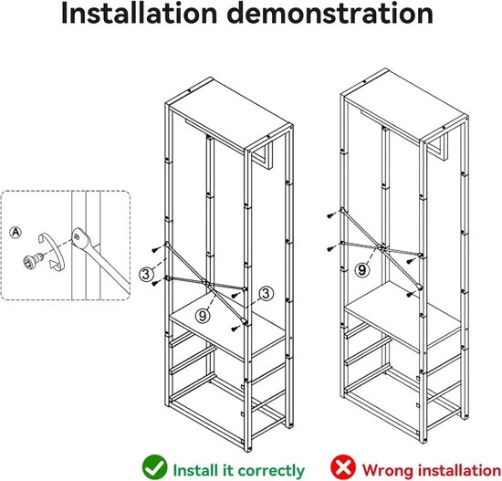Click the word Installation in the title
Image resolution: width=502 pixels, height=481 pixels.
pyautogui.click(x=139, y=13)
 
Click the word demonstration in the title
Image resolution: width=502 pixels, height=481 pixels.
pyautogui.click(x=330, y=13)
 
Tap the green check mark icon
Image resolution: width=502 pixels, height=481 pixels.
pyautogui.click(x=154, y=467)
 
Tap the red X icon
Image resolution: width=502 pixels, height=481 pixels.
pyautogui.click(x=343, y=467)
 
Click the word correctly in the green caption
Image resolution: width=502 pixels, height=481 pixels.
pyautogui.click(x=271, y=471)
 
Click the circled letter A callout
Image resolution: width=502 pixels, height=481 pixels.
pyautogui.click(x=16, y=232)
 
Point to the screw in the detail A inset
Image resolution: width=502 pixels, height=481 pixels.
pyautogui.click(x=33, y=259)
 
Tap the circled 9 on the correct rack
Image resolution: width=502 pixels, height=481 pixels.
pyautogui.click(x=203, y=316)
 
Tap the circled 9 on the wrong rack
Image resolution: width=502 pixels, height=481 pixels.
pyautogui.click(x=361, y=270)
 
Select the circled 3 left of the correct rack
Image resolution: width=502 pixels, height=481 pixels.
pyautogui.click(x=146, y=274)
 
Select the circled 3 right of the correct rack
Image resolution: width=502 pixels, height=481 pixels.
pyautogui.click(x=266, y=293)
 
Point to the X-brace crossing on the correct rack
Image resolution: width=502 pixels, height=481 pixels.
pyautogui.click(x=206, y=283)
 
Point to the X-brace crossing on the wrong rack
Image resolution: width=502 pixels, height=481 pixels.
pyautogui.click(x=382, y=247)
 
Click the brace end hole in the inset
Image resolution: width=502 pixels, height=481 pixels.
pyautogui.click(x=77, y=237)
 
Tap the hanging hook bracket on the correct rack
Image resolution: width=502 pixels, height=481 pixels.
pyautogui.click(x=263, y=156)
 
